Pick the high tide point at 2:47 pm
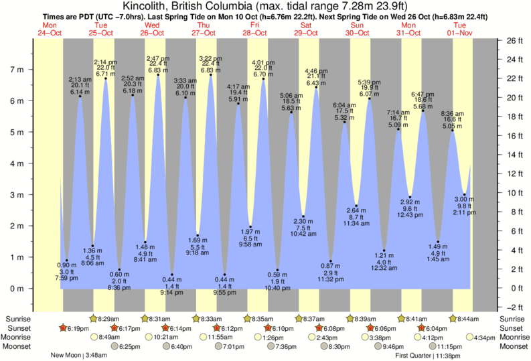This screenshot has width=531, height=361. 158,75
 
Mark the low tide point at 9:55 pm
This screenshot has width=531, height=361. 224,275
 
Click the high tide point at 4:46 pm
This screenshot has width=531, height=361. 316,87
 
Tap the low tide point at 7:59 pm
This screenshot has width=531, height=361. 67,261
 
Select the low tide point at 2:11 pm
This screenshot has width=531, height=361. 465,195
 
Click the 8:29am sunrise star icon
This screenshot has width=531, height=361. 93,319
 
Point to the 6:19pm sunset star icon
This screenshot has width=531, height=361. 64,328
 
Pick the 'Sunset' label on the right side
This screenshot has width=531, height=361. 512,328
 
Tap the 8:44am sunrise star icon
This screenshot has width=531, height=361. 451,319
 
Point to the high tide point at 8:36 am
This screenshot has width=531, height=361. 453,131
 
